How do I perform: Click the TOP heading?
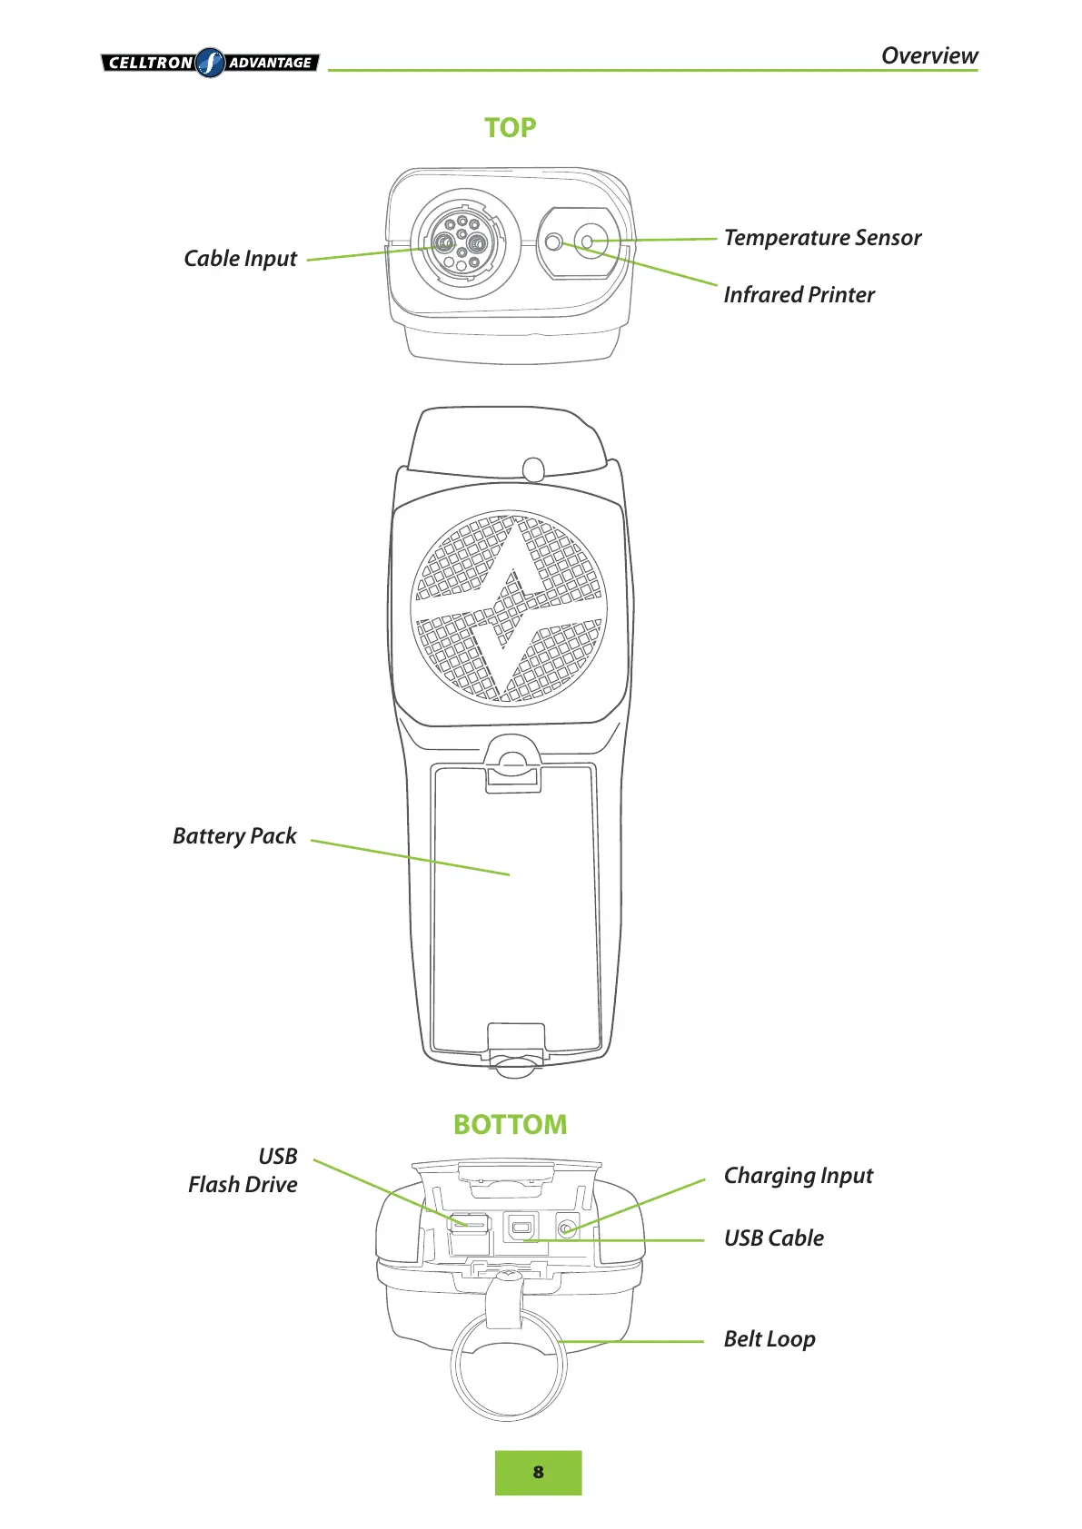coord(510,127)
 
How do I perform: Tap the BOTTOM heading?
coord(510,1124)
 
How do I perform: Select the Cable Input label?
coord(240,259)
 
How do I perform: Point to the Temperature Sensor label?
coord(822,238)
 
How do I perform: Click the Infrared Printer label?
coord(799,295)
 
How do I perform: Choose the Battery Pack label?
coord(234,836)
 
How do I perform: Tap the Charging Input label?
coord(798,1176)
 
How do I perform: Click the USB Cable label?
coord(773,1238)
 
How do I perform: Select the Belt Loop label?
coord(769,1339)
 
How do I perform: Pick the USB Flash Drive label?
coord(243,1170)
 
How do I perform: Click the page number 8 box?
coord(538,1473)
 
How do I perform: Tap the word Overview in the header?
coord(928,55)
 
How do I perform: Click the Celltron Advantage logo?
coord(210,63)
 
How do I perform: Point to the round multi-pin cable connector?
coord(462,243)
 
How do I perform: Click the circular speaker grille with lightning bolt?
coord(508,607)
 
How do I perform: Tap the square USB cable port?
coord(520,1229)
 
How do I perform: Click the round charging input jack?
coord(567,1229)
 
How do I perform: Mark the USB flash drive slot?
coord(469,1223)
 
